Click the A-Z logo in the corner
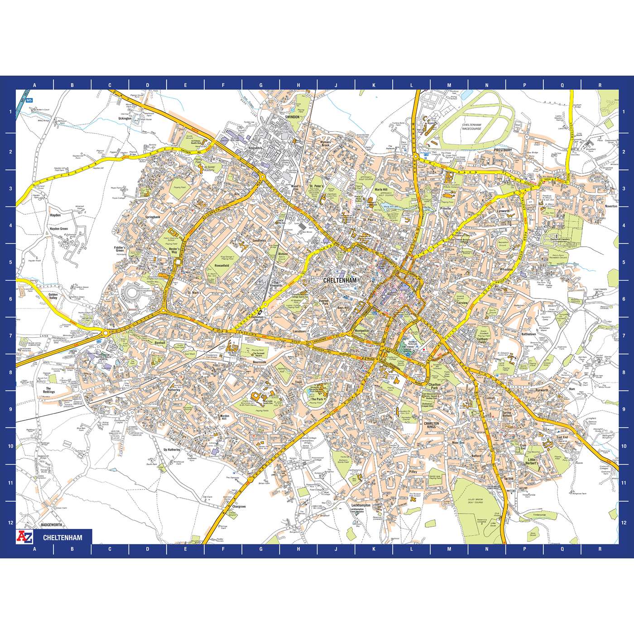point(24,537)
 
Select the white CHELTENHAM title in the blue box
point(62,538)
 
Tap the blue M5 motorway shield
point(29,100)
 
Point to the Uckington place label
point(125,119)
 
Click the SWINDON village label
point(292,117)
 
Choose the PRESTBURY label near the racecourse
point(503,150)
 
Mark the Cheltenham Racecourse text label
point(471,126)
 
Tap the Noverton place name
point(611,206)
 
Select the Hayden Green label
point(58,229)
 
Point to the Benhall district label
point(160,343)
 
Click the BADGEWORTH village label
point(51,525)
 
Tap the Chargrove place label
point(239,507)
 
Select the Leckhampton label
point(361,505)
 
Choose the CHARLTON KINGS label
point(432,425)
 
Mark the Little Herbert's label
point(532,461)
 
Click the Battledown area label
point(528,334)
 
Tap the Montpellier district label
point(362,331)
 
